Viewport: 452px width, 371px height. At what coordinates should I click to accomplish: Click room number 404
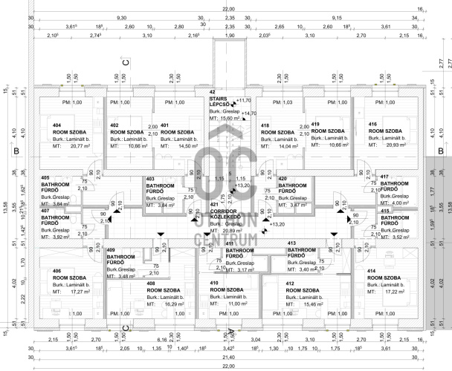(57, 125)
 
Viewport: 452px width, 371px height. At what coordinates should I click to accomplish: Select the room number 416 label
(372, 124)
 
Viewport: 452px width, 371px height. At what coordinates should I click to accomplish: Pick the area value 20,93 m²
(391, 145)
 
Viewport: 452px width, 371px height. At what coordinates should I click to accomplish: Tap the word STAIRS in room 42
(218, 99)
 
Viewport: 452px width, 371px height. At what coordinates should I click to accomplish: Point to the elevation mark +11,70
(244, 100)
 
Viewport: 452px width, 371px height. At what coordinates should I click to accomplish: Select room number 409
(111, 250)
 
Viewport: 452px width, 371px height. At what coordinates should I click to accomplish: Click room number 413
(292, 243)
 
